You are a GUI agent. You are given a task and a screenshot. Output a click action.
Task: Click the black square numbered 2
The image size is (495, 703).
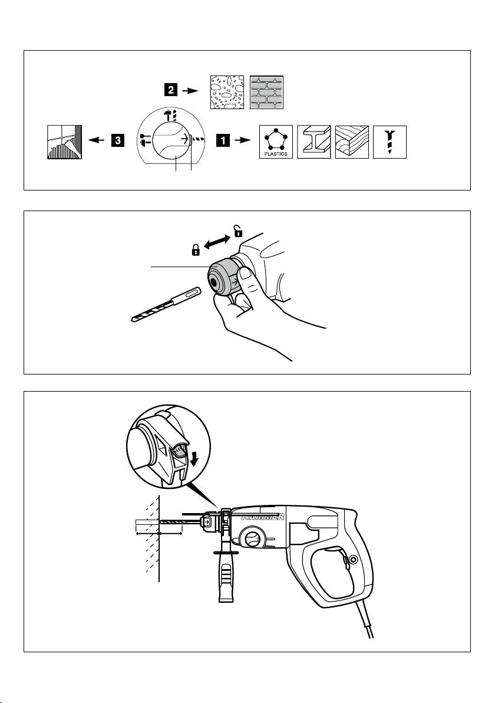170,90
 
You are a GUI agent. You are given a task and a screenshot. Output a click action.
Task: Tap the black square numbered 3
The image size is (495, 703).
117,140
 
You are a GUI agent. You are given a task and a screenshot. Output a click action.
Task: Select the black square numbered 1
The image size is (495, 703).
223,140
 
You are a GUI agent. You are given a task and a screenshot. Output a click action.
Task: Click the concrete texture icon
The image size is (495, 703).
227,93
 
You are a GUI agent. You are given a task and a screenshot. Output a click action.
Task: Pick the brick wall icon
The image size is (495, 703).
266,93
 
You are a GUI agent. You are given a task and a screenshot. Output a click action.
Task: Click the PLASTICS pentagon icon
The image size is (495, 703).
276,142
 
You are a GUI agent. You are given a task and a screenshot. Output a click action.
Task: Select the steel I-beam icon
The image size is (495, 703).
313,142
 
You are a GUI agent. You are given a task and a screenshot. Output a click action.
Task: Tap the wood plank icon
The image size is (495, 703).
352,142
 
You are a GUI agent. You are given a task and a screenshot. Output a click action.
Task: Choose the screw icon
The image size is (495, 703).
390,142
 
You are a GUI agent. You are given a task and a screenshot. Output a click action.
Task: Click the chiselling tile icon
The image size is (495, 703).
64,142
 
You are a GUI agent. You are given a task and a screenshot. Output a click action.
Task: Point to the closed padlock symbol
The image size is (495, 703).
196,250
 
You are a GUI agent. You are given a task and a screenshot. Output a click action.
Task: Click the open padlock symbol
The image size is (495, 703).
238,231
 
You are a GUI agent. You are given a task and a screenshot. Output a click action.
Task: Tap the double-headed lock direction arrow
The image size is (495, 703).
217,241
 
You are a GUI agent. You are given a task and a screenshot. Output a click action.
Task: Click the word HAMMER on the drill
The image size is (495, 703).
263,517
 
